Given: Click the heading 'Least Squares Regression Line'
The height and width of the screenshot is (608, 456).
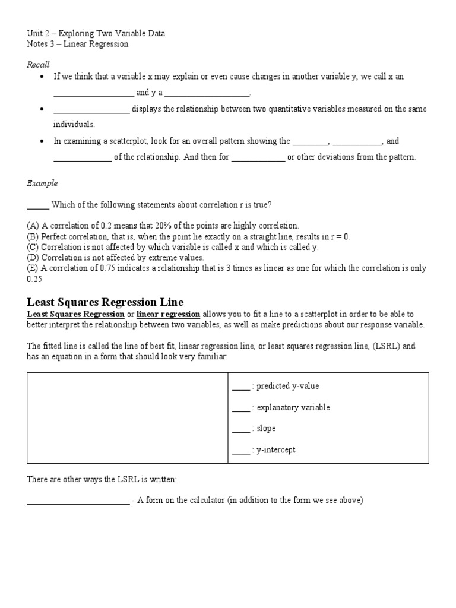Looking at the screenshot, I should [105, 302].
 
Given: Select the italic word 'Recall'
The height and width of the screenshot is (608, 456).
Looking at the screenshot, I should [38, 64].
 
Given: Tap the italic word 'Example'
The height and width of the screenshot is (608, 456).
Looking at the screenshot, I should [42, 183].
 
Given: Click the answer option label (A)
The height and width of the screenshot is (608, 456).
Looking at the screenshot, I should [33, 226].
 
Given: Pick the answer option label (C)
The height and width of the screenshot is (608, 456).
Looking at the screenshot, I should [33, 247].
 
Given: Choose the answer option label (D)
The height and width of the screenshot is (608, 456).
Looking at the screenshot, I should [33, 258].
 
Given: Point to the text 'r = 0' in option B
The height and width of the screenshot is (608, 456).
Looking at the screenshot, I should [339, 236].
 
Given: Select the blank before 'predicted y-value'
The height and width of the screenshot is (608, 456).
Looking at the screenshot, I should [240, 387].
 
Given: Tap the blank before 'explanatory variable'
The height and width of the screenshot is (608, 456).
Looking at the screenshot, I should [240, 408].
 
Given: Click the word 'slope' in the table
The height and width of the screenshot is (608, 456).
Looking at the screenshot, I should [266, 429].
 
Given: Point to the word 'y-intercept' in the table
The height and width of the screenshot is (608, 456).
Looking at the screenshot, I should [275, 450].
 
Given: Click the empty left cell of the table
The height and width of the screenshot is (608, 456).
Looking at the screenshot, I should [128, 418].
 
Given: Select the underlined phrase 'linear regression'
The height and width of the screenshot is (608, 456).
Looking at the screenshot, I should [168, 314].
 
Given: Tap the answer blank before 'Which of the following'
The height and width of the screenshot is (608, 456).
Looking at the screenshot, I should [37, 206].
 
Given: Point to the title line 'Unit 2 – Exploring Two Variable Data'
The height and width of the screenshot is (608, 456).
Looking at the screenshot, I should [96, 33].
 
